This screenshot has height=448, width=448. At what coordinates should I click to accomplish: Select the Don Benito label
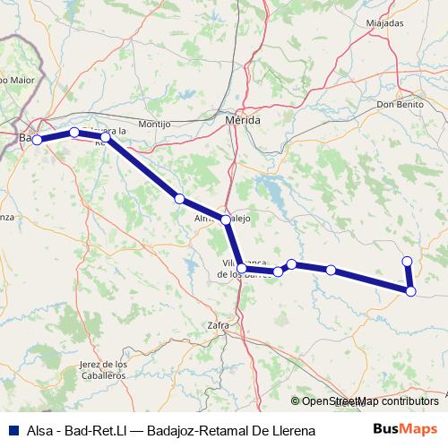pos(400,105)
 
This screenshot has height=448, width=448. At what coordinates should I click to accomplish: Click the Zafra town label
pos(218,325)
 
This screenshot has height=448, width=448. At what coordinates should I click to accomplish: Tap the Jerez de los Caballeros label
pos(103,369)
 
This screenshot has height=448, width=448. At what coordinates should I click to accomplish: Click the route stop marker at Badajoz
pos(37,140)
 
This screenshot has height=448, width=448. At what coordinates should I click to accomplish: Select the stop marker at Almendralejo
pos(226,219)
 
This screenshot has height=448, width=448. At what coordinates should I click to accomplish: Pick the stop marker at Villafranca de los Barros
pos(242,268)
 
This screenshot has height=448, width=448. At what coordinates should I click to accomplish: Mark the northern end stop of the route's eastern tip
pos(407,262)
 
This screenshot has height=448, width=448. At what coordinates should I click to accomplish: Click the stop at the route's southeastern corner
pos(410,290)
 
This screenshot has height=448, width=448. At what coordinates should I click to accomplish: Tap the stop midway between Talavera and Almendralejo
pos(179,198)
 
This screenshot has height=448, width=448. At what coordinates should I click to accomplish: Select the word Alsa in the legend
pos(39,431)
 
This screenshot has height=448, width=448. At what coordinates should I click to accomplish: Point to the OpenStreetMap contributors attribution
pos(365,401)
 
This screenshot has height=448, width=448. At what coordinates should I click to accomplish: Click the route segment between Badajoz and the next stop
pos(56,136)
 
